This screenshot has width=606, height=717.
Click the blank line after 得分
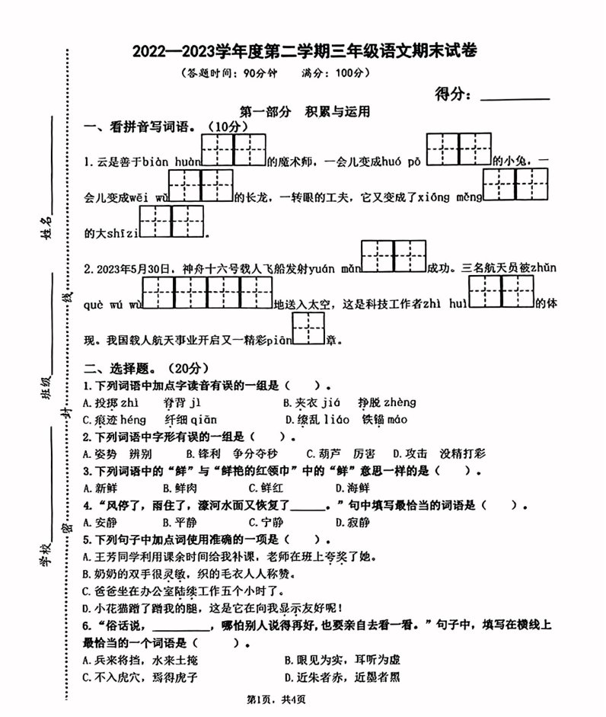(x=515, y=98)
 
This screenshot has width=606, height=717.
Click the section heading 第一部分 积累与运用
(x=304, y=111)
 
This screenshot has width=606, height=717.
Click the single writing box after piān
(x=308, y=328)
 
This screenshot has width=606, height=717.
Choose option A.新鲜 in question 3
(x=100, y=488)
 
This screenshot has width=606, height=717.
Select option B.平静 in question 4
(x=181, y=522)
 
